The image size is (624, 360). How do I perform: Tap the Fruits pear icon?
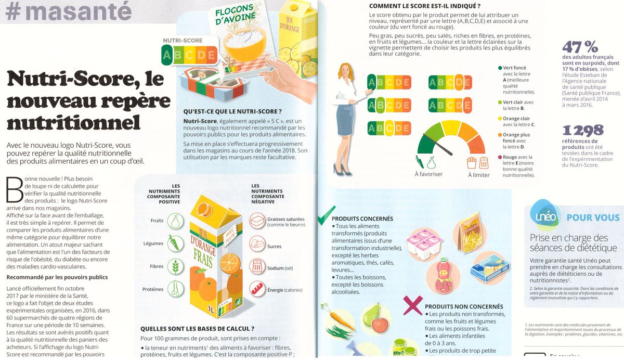pyautogui.click(x=176, y=220)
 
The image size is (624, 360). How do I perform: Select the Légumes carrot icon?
pyautogui.click(x=176, y=243)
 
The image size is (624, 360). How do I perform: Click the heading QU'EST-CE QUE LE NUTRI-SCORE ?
pyautogui.click(x=232, y=111)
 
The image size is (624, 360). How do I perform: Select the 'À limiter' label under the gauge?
pyautogui.click(x=478, y=175)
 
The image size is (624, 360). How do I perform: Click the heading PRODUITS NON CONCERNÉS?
pyautogui.click(x=464, y=307)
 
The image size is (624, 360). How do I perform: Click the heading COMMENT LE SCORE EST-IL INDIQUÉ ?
pyautogui.click(x=427, y=6)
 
